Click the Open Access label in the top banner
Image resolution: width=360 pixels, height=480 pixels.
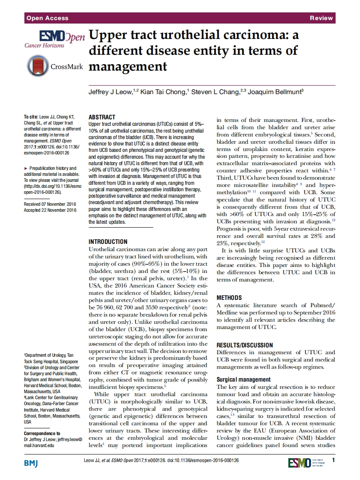tap(47, 18)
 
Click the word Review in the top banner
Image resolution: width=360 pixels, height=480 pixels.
tap(321, 18)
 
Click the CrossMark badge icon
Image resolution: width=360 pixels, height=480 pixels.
tap(38, 66)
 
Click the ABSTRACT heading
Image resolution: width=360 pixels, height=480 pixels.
tap(101, 117)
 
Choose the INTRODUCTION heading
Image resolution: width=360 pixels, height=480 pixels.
tap(107, 242)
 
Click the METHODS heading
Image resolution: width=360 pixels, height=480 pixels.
tap(229, 297)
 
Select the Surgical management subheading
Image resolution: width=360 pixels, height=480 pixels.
tap(244, 379)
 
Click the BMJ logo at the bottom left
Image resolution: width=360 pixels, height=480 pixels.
tap(31, 463)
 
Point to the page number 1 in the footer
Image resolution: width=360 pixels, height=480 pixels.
tap(333, 460)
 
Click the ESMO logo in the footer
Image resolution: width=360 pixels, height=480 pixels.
tap(299, 463)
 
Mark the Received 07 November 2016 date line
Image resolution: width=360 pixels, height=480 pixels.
tap(50, 204)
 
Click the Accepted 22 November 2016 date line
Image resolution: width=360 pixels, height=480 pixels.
tap(50, 210)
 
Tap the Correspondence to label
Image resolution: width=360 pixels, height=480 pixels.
tap(42, 433)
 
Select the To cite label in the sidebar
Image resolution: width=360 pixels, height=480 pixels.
tap(31, 117)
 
